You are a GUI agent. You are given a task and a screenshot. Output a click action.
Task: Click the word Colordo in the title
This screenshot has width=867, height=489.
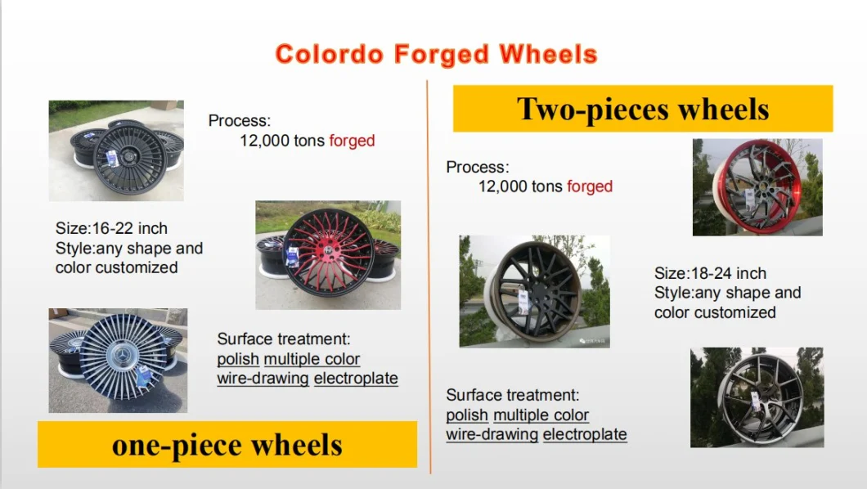[x=329, y=54]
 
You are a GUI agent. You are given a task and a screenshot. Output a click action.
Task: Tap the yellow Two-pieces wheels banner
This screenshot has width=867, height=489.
[x=643, y=108]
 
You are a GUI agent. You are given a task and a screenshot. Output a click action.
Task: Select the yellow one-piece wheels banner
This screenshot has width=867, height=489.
[x=227, y=445]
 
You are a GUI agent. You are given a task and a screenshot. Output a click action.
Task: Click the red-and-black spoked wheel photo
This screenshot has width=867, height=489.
[x=328, y=255]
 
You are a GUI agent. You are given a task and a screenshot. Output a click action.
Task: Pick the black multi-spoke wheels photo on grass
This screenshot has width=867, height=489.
[x=116, y=150]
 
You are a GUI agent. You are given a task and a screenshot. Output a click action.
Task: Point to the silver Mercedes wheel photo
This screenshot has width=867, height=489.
[x=118, y=361]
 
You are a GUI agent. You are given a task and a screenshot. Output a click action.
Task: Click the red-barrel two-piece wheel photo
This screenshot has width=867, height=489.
[x=757, y=187]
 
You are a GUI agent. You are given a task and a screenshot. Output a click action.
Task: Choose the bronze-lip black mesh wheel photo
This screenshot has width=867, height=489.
[x=535, y=291]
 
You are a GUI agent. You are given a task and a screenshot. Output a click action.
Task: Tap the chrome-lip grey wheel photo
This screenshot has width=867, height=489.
[x=757, y=397]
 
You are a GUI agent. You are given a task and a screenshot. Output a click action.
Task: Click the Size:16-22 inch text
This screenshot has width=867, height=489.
[x=111, y=228]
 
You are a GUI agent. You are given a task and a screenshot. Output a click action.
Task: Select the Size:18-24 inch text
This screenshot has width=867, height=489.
[x=710, y=273]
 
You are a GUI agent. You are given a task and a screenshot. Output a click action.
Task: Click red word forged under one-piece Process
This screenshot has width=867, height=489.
[x=352, y=141]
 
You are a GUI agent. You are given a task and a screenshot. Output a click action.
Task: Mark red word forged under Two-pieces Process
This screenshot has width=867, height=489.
[x=590, y=186]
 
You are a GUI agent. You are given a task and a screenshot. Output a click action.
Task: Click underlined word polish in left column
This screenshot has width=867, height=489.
[x=238, y=359]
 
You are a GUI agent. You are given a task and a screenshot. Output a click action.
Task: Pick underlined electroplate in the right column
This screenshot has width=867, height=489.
[x=585, y=434]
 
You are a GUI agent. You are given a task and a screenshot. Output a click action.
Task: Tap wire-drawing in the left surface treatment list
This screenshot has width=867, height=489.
[x=263, y=379]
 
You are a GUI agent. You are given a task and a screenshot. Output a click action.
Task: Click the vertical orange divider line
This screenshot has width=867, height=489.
[x=429, y=277]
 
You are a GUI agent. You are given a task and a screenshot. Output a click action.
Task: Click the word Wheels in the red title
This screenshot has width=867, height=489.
[x=548, y=54]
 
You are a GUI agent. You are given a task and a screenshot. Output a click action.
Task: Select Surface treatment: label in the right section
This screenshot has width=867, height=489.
[x=513, y=395]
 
